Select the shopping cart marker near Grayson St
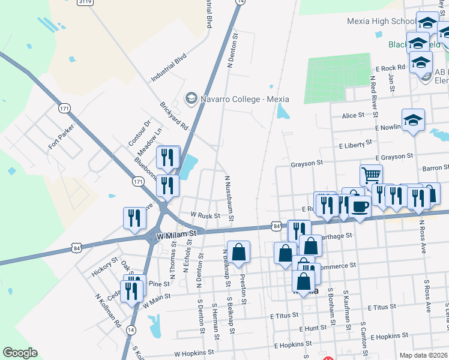[x=371, y=175]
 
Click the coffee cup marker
[x=360, y=206]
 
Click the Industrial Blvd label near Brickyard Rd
[x=169, y=67]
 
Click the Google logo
[x=19, y=353]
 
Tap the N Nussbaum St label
[x=228, y=198]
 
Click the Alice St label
[x=352, y=115]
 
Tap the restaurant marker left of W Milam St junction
[x=133, y=218]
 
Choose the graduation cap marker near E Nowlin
[x=413, y=120]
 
